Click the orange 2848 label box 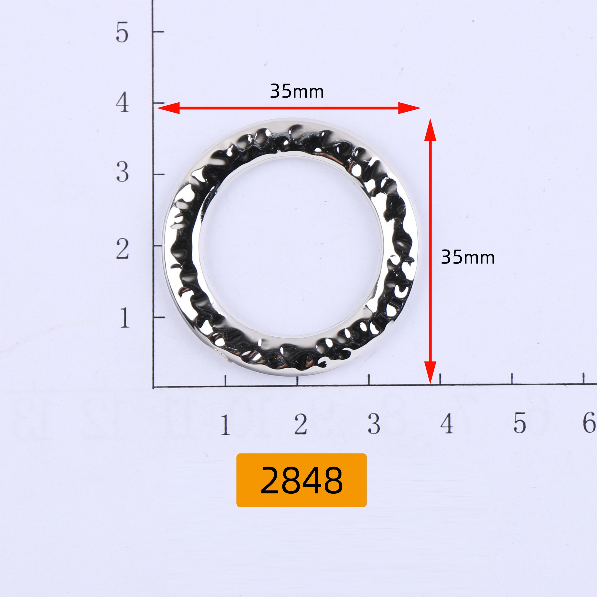tap(301, 480)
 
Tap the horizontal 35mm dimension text tap(297, 91)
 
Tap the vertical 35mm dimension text tap(468, 257)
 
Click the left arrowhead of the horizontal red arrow tap(168, 108)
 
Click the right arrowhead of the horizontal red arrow tap(410, 108)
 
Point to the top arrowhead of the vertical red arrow tap(430, 130)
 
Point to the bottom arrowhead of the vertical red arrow tap(430, 373)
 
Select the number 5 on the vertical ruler tap(122, 32)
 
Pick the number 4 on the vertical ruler tap(122, 102)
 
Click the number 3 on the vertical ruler tap(122, 172)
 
